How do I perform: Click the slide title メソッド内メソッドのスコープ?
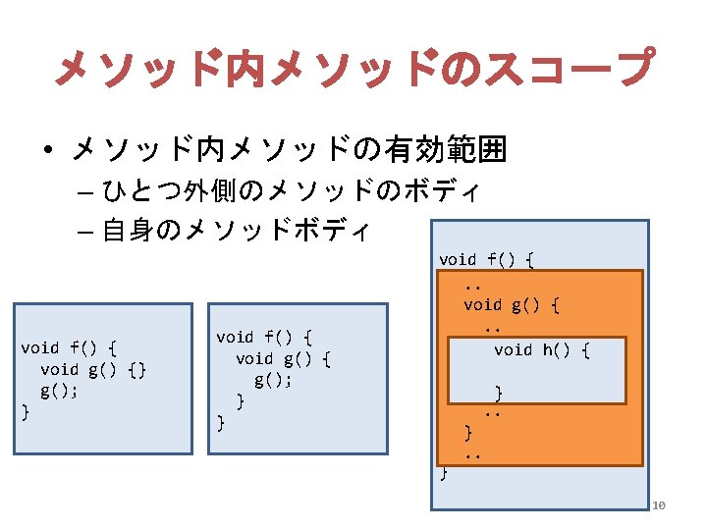353,68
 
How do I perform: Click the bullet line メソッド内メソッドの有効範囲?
289,150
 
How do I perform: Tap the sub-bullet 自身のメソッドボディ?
236,232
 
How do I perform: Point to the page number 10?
659,505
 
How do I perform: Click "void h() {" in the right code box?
541,350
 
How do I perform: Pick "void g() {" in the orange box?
512,305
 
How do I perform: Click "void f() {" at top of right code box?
486,260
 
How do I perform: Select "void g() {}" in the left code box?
93,369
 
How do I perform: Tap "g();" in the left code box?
59,391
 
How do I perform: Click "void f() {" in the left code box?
69,347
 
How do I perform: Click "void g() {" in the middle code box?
283,359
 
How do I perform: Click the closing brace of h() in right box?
498,393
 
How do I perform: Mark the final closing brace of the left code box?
25,412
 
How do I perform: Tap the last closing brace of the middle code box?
220,423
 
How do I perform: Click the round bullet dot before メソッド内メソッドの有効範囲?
47,151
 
